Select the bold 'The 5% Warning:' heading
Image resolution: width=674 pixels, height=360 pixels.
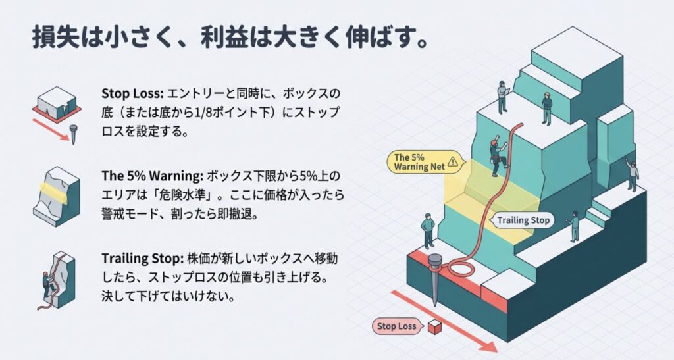(152, 177)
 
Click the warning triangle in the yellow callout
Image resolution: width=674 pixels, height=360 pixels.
(452, 161)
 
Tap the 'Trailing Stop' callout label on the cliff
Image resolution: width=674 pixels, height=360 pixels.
(522, 220)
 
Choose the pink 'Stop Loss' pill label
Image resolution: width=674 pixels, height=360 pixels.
(398, 325)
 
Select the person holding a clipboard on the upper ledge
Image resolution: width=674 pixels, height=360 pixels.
(502, 96)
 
